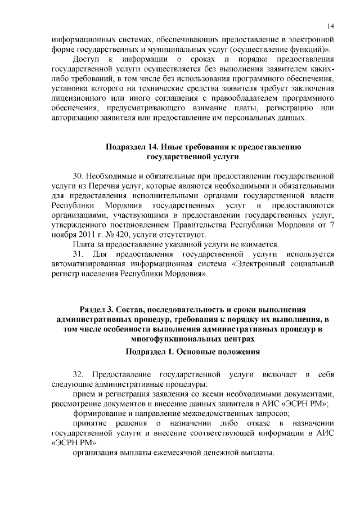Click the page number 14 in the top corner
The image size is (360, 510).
click(331, 26)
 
